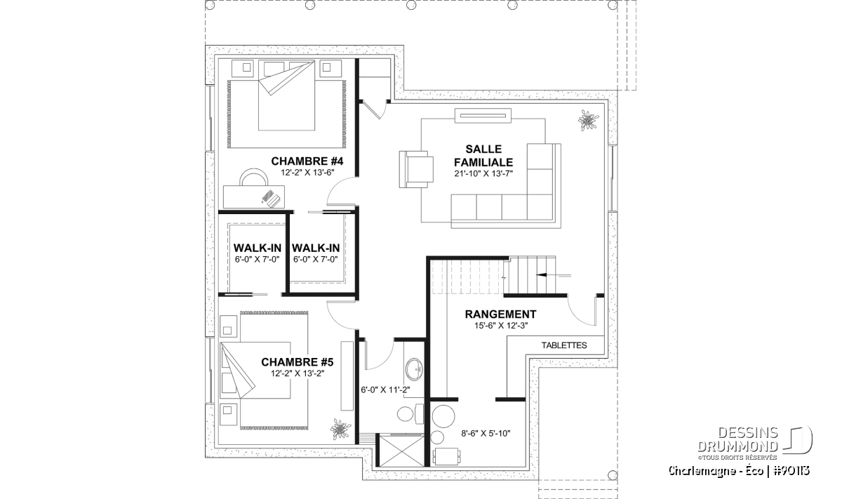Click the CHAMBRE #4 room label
[x=307, y=161]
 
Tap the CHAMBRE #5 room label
[x=297, y=362]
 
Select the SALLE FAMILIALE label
[x=483, y=156]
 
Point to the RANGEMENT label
[x=500, y=314]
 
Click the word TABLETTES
[x=564, y=345]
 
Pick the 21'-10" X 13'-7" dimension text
[x=483, y=173]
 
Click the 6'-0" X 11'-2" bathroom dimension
[x=385, y=390]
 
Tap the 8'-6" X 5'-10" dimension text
[x=486, y=434]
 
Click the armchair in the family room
[x=416, y=169]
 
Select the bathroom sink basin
[x=414, y=369]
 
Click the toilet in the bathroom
[x=410, y=413]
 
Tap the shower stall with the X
[x=401, y=450]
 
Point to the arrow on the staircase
[x=553, y=275]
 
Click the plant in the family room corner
[x=588, y=120]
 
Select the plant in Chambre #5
[x=340, y=429]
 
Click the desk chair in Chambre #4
[x=254, y=177]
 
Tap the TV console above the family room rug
[x=483, y=115]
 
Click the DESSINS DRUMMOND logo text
[x=738, y=440]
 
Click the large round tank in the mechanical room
[x=443, y=416]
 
